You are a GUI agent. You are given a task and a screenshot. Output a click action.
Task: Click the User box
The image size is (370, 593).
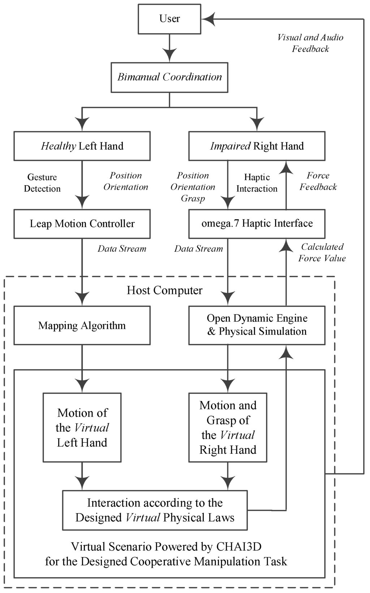tap(169, 19)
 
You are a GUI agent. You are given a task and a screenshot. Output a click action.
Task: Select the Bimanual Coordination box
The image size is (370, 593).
tap(169, 77)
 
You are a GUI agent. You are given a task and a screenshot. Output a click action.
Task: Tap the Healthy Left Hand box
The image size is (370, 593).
tap(82, 146)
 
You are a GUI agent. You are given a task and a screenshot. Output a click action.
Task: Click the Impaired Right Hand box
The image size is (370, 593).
tap(257, 146)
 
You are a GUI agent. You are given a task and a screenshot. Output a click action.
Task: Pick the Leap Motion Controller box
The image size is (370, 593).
tap(82, 224)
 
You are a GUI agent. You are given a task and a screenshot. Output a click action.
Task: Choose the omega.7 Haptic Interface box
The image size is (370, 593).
tap(257, 224)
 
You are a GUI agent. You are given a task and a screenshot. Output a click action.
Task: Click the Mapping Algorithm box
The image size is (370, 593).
tap(82, 325)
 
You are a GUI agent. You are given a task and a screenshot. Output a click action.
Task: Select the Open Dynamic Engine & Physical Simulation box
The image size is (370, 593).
tap(257, 325)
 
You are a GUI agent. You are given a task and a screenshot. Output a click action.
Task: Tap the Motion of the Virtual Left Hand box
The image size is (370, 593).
tap(82, 427)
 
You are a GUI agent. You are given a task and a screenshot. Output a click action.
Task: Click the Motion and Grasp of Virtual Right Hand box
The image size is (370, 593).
tap(228, 427)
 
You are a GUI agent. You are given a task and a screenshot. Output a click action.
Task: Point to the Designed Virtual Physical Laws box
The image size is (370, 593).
tap(155, 510)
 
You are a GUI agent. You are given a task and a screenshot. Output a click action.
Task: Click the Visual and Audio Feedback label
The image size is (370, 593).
tap(310, 43)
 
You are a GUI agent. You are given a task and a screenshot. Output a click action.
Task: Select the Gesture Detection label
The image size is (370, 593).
tap(42, 183)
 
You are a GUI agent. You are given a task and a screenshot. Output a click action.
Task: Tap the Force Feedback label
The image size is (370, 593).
tap(318, 182)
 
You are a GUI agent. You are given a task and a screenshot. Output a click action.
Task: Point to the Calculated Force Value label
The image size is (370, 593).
tap(322, 252)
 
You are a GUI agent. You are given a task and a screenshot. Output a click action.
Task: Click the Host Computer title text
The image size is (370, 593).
tap(164, 290)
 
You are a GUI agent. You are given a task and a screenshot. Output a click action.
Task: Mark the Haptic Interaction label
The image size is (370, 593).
tap(257, 183)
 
